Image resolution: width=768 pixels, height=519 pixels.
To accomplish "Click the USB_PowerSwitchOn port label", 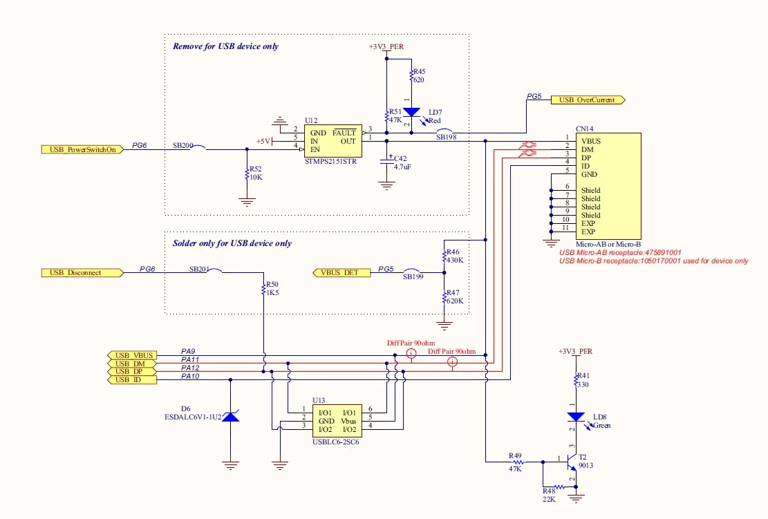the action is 82,149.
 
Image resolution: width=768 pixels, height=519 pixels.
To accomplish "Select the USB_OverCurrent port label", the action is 588,100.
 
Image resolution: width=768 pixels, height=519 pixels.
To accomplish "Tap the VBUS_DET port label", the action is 341,273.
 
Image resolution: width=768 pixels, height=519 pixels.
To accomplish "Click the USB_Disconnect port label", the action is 82,273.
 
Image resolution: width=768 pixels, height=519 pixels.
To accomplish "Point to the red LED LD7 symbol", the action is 411,112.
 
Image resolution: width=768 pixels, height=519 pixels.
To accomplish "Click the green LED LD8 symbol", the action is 576,417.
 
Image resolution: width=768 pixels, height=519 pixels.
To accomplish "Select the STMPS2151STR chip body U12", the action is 333,141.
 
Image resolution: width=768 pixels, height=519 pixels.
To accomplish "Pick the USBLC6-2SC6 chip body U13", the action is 337,421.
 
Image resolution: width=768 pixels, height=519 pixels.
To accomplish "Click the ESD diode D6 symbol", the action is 231,416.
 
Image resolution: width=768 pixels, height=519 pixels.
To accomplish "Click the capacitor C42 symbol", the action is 386,161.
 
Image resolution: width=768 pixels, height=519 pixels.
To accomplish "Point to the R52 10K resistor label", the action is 256,173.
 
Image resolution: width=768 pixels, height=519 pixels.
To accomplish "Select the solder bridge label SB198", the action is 446,137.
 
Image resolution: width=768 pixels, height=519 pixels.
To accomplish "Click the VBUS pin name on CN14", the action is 591,141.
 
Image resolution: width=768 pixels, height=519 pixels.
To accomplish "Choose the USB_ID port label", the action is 132,380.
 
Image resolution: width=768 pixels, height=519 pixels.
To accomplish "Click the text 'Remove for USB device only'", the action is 226,46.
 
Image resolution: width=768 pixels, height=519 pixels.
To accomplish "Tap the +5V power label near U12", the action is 263,141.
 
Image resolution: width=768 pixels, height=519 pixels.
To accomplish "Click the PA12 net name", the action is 190,368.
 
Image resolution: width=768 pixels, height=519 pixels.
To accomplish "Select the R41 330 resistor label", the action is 583,380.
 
